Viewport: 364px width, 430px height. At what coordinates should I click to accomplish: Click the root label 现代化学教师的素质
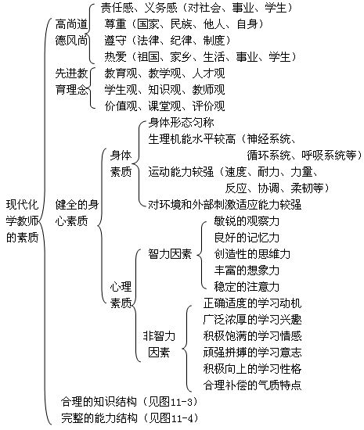[22, 221]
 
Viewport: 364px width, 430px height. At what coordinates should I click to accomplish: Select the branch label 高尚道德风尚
[71, 32]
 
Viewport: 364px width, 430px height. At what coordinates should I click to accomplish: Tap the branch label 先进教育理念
[71, 81]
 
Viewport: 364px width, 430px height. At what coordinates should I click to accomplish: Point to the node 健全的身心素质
[77, 213]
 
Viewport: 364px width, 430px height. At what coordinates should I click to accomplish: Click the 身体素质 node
[121, 163]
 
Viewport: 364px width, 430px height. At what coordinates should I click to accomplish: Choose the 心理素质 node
[121, 295]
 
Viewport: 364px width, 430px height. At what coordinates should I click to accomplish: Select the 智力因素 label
[170, 254]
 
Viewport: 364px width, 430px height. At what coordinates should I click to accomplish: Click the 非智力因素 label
[159, 344]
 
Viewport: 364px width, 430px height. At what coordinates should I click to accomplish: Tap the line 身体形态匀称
[181, 123]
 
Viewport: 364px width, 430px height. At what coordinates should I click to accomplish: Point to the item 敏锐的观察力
[247, 221]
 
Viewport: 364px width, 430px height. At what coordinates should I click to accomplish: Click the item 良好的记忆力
[247, 238]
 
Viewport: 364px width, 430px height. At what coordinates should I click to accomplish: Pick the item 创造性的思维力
[252, 254]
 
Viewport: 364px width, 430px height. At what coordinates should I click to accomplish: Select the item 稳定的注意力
[247, 287]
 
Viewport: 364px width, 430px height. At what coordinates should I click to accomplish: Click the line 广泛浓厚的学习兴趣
[252, 320]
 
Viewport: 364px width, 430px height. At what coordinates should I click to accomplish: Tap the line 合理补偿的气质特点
[252, 385]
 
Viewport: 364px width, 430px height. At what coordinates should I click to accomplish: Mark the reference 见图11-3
[170, 402]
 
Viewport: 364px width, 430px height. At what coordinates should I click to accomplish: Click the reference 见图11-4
[170, 418]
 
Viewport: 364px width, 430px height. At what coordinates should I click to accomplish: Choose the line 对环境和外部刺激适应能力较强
[225, 205]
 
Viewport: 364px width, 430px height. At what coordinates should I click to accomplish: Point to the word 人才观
[208, 73]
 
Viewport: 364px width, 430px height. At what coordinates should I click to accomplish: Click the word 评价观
[208, 106]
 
